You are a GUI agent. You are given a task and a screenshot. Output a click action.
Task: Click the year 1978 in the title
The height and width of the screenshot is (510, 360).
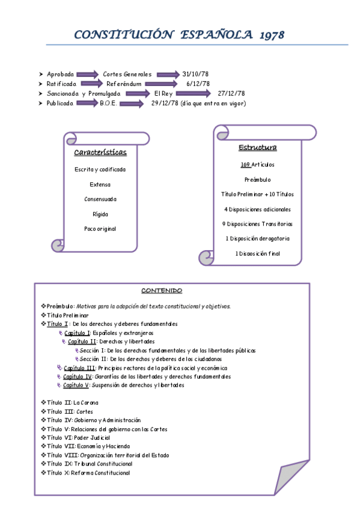coord(272,35)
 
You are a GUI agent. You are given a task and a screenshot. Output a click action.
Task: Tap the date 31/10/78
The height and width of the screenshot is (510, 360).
coord(195,74)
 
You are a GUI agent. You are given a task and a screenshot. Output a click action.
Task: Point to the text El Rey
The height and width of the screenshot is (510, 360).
coord(163,93)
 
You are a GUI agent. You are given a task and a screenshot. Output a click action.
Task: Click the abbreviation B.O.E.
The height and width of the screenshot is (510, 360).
coord(109,103)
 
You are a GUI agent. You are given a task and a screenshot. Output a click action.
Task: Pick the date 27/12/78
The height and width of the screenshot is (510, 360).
coord(231,93)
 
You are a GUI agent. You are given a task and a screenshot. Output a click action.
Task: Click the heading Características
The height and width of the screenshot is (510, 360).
coord(100,153)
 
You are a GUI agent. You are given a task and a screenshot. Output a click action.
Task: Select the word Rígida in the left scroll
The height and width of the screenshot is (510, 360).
coord(100,214)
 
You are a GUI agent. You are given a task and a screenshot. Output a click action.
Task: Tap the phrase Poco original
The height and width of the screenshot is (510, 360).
coord(100,229)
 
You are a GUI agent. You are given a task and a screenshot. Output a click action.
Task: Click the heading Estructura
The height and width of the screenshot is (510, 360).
coord(257,148)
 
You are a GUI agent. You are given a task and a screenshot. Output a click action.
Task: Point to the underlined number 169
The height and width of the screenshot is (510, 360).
coord(245,164)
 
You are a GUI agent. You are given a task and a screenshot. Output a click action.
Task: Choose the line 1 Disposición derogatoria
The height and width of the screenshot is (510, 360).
coord(257,239)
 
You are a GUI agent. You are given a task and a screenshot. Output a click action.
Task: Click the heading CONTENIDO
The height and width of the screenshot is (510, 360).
coord(162,291)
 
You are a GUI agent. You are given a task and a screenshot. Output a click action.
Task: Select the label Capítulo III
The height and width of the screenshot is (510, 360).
coord(79,367)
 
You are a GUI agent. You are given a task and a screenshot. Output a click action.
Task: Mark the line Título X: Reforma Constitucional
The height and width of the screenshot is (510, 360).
coord(88,473)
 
